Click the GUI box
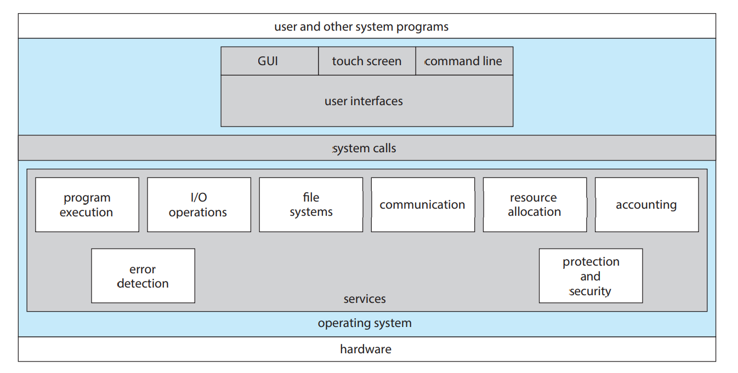pyautogui.click(x=270, y=61)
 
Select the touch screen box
pyautogui.click(x=367, y=61)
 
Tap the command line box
pyautogui.click(x=464, y=61)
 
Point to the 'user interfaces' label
pyautogui.click(x=364, y=101)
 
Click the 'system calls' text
pyautogui.click(x=364, y=148)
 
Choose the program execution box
pyautogui.click(x=87, y=205)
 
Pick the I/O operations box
pyautogui.click(x=199, y=205)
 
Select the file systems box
pyautogui.click(x=311, y=205)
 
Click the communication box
pyautogui.click(x=423, y=205)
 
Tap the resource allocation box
pyautogui.click(x=535, y=205)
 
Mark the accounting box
pyautogui.click(x=647, y=205)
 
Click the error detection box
pyautogui.click(x=143, y=276)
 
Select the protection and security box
pyautogui.click(x=591, y=276)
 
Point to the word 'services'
pyautogui.click(x=365, y=299)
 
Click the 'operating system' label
pyautogui.click(x=365, y=323)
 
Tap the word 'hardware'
pyautogui.click(x=366, y=349)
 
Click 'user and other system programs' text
pyautogui.click(x=361, y=27)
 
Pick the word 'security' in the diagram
pyautogui.click(x=590, y=291)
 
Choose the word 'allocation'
pyautogui.click(x=535, y=211)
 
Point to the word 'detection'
pyautogui.click(x=143, y=284)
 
